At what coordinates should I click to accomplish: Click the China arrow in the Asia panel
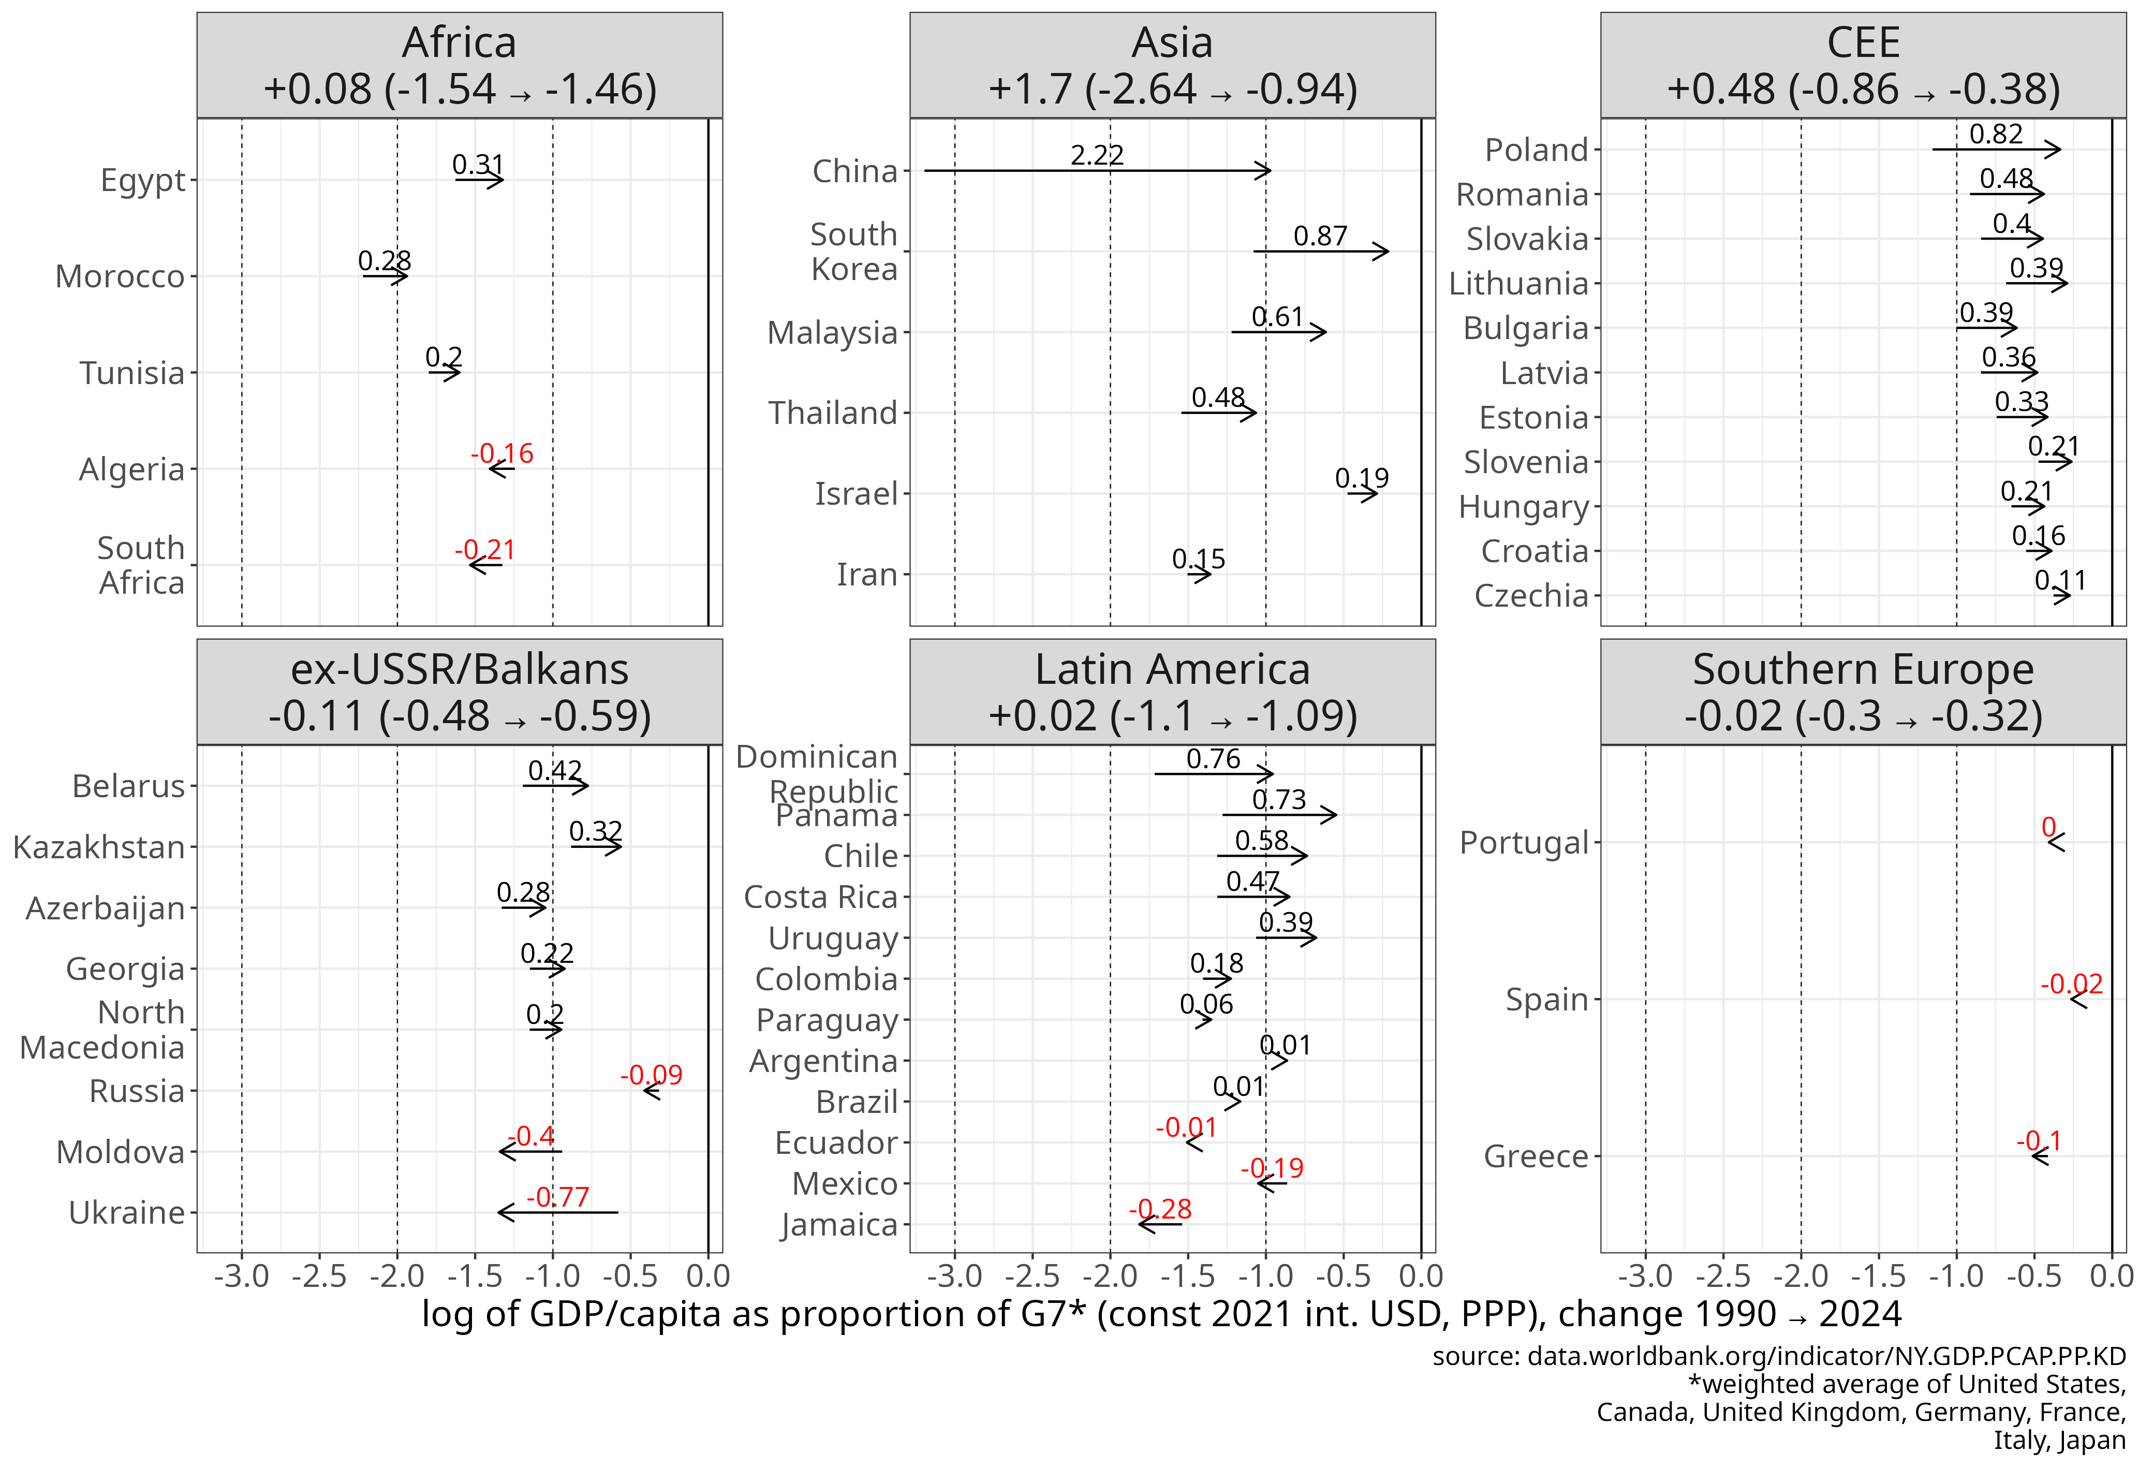(x=1097, y=170)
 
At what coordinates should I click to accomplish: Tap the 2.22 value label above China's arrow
(x=1097, y=155)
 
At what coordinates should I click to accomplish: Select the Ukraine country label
(x=127, y=1213)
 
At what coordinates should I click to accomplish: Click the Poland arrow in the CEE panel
(x=1996, y=149)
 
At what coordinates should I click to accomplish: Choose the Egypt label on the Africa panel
(x=143, y=180)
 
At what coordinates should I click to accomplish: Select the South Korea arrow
(x=1321, y=251)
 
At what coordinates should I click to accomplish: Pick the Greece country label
(x=1536, y=1156)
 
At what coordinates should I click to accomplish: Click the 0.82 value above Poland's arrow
(x=1996, y=135)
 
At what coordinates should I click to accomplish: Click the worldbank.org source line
(x=1778, y=1357)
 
